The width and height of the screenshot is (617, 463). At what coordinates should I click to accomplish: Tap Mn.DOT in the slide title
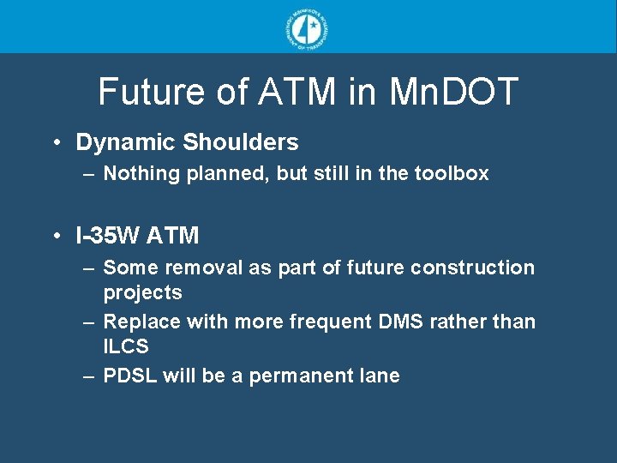454,92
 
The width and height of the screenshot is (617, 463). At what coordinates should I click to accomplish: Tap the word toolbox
452,173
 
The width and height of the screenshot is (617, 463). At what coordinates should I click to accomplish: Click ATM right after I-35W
175,235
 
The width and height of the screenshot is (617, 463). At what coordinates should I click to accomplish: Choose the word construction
472,268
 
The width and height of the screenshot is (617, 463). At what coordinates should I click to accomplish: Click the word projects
142,292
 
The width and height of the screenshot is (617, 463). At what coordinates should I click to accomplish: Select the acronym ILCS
126,346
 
